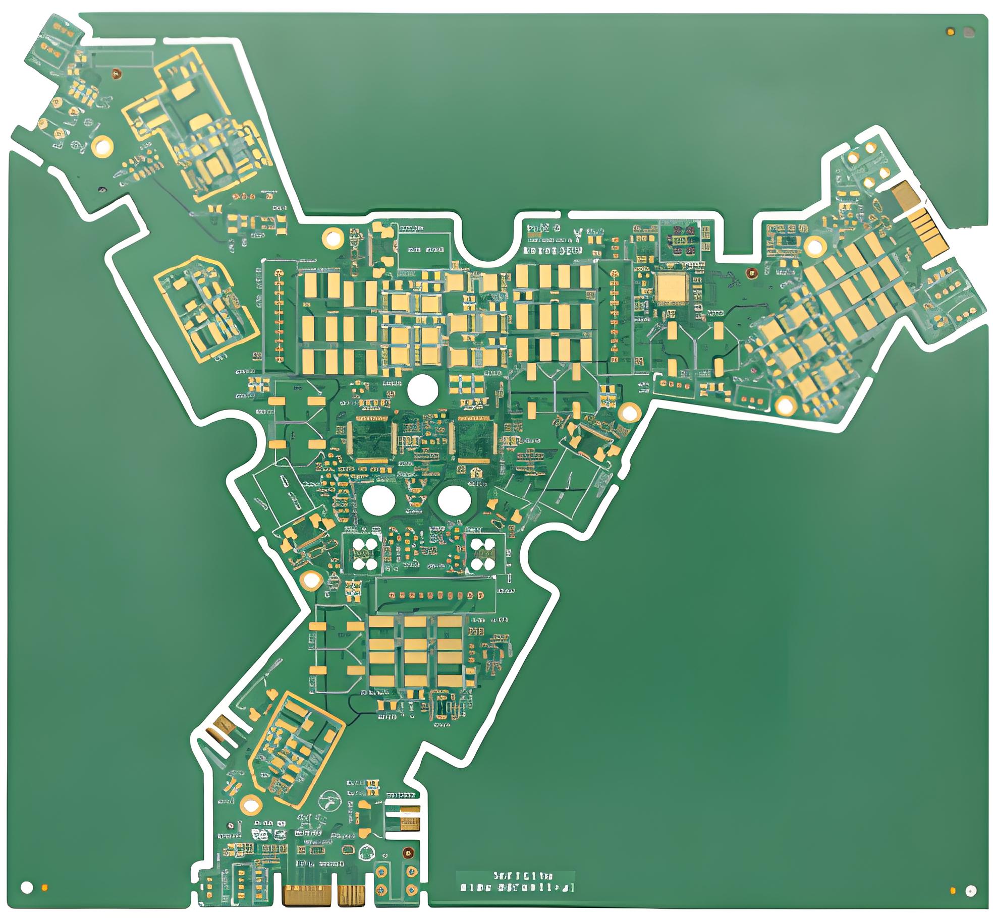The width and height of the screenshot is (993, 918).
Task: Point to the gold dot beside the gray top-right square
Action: click(951, 32)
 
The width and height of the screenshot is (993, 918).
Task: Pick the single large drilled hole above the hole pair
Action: click(422, 389)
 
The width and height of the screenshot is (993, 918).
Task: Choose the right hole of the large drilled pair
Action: click(454, 500)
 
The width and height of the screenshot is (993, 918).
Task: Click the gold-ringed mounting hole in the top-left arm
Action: click(103, 146)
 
